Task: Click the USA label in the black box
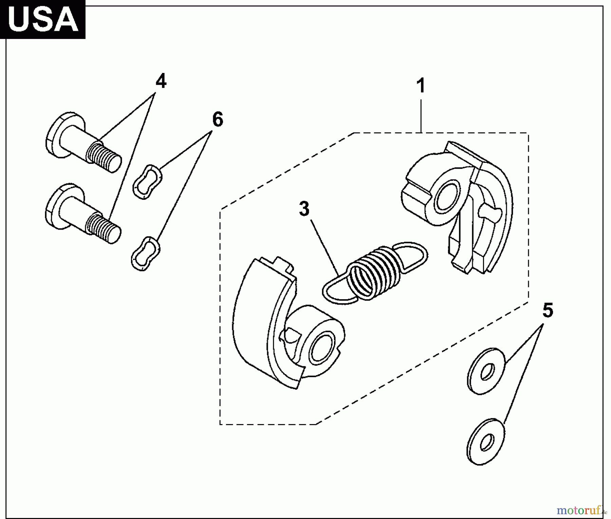click(x=42, y=19)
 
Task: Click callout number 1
click(x=421, y=86)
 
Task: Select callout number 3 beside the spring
click(x=304, y=209)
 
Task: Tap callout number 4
click(x=161, y=82)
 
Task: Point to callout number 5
click(x=548, y=310)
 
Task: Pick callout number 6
click(x=218, y=120)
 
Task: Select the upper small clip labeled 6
click(x=147, y=181)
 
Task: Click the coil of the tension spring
click(x=373, y=271)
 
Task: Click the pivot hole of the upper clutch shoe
click(x=446, y=200)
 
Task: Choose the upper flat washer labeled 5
click(x=486, y=371)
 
